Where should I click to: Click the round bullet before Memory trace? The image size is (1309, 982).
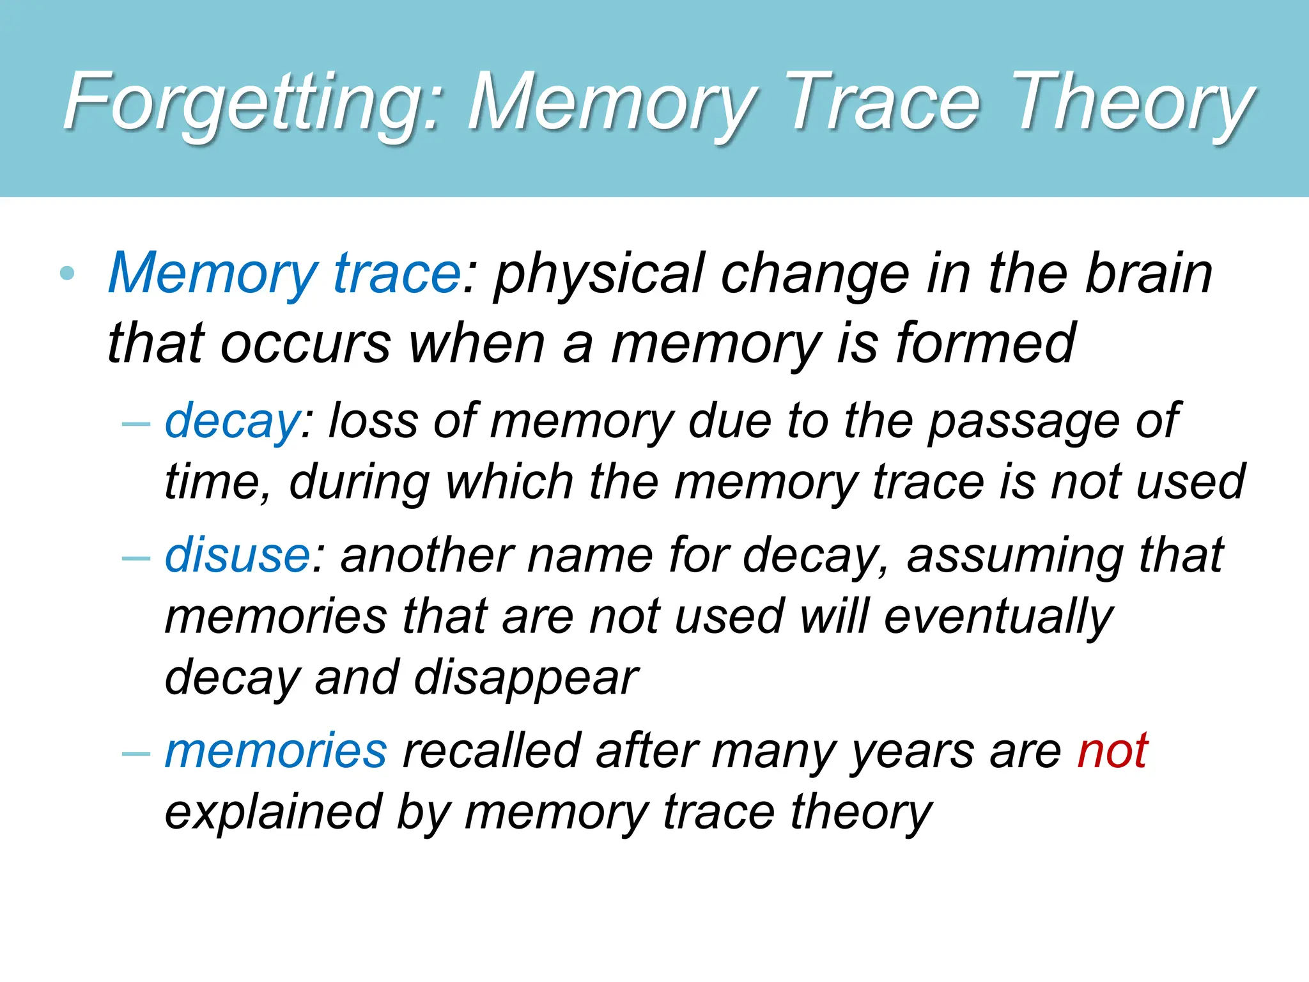(x=67, y=274)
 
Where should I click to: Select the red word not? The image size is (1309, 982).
(x=1112, y=751)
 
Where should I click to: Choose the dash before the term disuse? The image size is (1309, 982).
(x=136, y=557)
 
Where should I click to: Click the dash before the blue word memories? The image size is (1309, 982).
(x=136, y=753)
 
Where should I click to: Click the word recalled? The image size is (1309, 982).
(x=492, y=751)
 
